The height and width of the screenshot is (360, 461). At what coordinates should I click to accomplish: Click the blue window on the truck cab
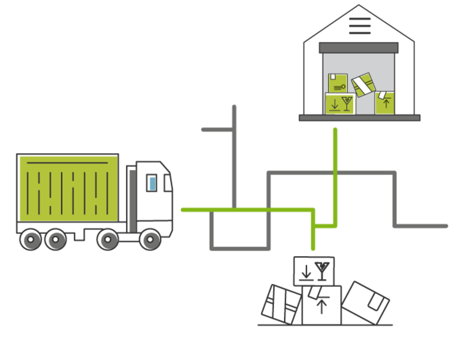[x=152, y=183]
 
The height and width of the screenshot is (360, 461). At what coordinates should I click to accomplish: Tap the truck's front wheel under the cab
[x=150, y=239]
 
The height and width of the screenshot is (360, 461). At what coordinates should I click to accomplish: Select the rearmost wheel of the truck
[x=31, y=239]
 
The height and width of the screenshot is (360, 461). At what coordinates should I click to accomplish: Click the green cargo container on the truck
[x=67, y=188]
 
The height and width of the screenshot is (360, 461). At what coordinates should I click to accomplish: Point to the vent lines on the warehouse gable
[x=360, y=26]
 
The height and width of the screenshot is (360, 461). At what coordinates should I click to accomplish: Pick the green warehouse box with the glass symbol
[x=341, y=104]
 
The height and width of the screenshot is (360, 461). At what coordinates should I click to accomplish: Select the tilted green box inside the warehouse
[x=364, y=85]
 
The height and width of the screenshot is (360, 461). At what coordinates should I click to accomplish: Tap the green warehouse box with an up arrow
[x=386, y=103]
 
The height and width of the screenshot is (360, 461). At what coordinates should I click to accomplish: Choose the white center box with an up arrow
[x=322, y=304]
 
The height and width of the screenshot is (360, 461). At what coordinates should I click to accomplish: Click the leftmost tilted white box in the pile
[x=281, y=303]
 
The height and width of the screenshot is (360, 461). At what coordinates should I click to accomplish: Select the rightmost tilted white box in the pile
[x=366, y=301]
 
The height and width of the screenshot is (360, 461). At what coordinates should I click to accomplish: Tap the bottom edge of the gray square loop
[x=240, y=248]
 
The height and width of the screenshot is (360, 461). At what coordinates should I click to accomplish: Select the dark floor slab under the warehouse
[x=360, y=118]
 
